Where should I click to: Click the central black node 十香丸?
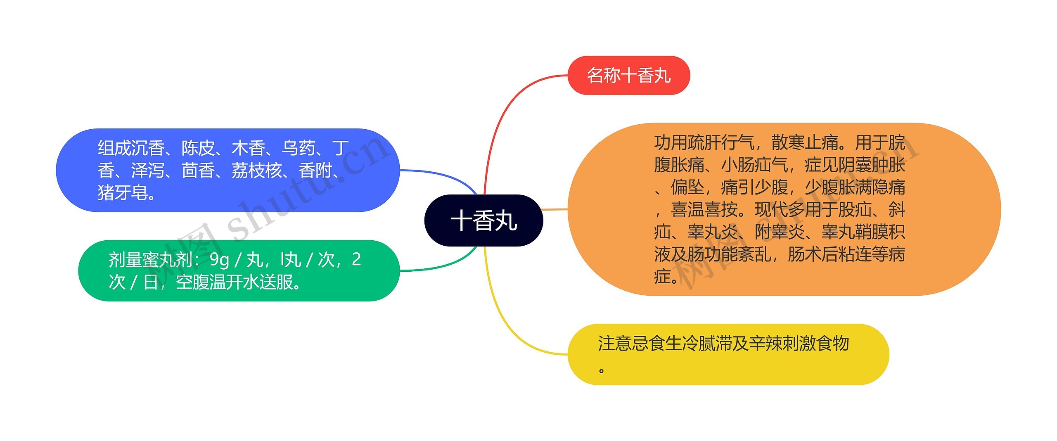[x=483, y=220]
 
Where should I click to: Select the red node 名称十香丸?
[x=628, y=76]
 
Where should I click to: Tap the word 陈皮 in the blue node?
[x=198, y=148]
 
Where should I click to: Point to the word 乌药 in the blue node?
[x=299, y=148]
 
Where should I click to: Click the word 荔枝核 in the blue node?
[x=256, y=171]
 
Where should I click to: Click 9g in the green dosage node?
[x=219, y=260]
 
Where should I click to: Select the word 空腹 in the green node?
[x=192, y=282]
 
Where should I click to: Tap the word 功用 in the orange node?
[x=671, y=143]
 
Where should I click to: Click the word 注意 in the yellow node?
[x=615, y=344]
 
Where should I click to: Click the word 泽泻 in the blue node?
[x=148, y=171]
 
